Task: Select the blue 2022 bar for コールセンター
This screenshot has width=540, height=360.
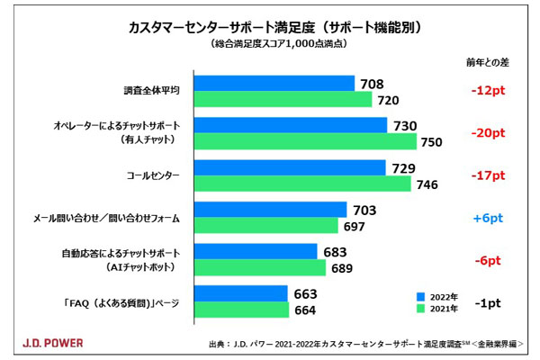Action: (x=289, y=167)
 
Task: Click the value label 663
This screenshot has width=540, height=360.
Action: (x=305, y=293)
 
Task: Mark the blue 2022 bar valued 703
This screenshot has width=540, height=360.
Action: (x=270, y=209)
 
